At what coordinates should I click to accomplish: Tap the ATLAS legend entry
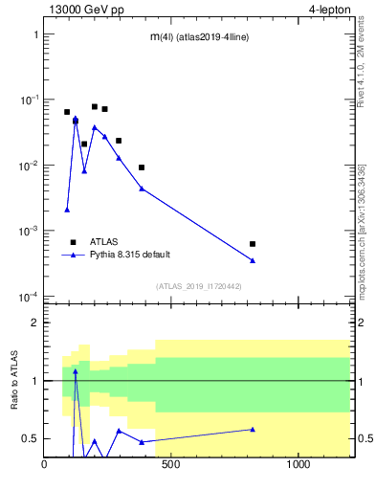click(x=99, y=242)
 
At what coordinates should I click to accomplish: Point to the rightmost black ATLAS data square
click(x=253, y=244)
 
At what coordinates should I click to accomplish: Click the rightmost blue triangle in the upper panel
click(x=253, y=260)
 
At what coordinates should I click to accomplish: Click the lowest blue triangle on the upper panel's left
click(x=67, y=210)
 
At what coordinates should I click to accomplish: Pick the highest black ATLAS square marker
click(x=95, y=107)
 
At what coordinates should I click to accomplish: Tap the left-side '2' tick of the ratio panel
click(x=33, y=323)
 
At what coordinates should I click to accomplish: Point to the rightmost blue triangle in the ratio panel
click(x=253, y=429)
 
